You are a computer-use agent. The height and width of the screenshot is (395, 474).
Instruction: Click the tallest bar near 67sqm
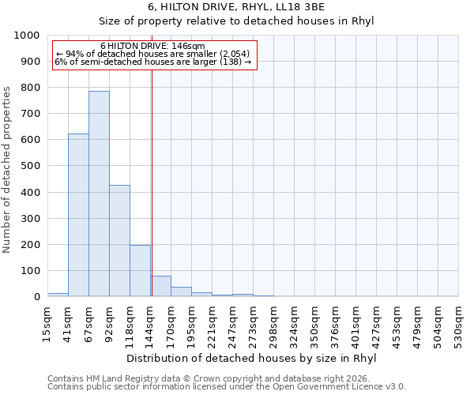pos(99,194)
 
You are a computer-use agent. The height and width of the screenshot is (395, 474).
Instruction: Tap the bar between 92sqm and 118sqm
pos(119,241)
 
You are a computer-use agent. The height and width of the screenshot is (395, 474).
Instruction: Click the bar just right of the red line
pos(161,286)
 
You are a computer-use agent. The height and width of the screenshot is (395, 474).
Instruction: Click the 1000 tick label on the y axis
pos(27,36)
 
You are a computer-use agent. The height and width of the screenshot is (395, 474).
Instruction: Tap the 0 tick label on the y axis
pos(36,297)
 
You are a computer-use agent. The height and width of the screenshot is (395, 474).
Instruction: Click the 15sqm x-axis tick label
pos(47,322)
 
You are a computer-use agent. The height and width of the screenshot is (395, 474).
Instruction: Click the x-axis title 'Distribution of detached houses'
pos(252,359)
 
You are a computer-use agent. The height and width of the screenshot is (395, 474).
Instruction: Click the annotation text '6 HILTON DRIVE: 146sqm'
pos(153,46)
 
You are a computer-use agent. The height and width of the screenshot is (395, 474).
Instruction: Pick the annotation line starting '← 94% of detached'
pos(153,54)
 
